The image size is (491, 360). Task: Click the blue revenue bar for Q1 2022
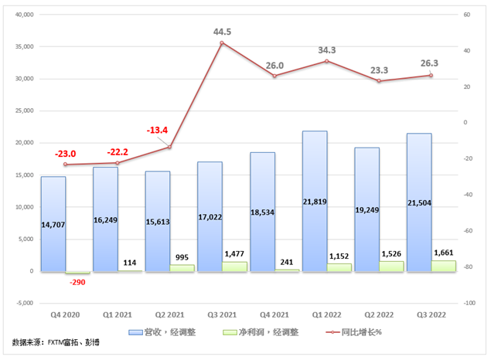(x=315, y=201)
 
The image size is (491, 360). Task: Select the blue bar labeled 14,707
(x=53, y=224)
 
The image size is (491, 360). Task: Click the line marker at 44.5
(x=222, y=43)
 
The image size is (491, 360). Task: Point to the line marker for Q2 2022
(x=379, y=81)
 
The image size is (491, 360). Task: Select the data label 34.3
(x=326, y=50)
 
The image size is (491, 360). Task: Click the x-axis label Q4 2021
(x=274, y=315)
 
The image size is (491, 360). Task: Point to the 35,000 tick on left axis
(x=26, y=46)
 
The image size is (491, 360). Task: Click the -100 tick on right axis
(x=469, y=303)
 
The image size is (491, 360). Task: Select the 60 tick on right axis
(x=465, y=15)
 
